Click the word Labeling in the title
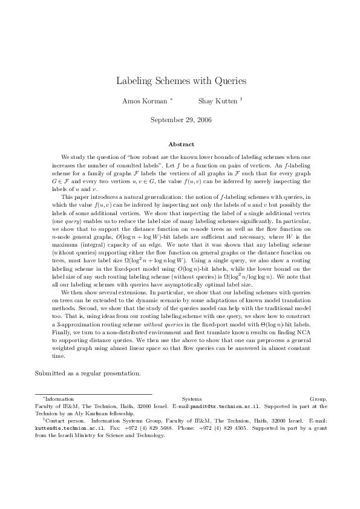click(x=134, y=80)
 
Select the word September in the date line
click(x=165, y=120)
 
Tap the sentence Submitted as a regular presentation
click(x=88, y=373)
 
